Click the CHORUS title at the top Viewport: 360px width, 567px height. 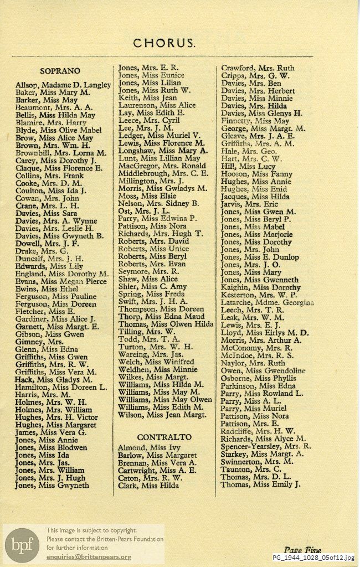[163, 43]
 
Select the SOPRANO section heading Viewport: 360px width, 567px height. [60, 70]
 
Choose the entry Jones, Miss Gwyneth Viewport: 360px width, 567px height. [52, 485]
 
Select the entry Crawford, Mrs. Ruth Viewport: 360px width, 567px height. [258, 68]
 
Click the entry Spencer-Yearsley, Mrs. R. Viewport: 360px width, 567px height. [265, 445]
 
